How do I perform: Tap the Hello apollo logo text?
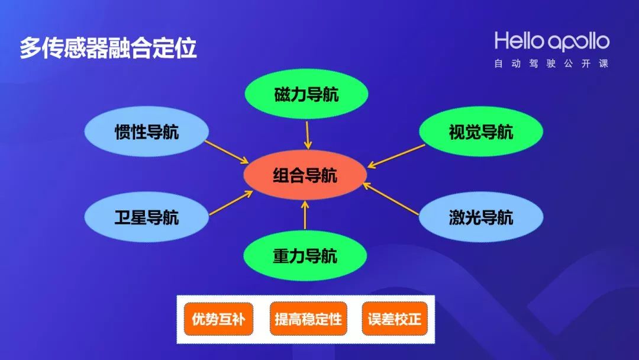(551, 41)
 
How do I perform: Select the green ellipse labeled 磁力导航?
(306, 95)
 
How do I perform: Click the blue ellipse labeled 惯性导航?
(146, 131)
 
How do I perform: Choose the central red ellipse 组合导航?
(305, 176)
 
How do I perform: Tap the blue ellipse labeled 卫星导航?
(146, 217)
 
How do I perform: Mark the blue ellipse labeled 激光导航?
(480, 217)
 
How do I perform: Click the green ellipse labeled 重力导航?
(305, 256)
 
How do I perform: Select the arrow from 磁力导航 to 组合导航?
(306, 135)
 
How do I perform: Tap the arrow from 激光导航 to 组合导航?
(390, 198)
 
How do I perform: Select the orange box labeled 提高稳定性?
(308, 319)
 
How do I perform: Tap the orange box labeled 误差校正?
(394, 319)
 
